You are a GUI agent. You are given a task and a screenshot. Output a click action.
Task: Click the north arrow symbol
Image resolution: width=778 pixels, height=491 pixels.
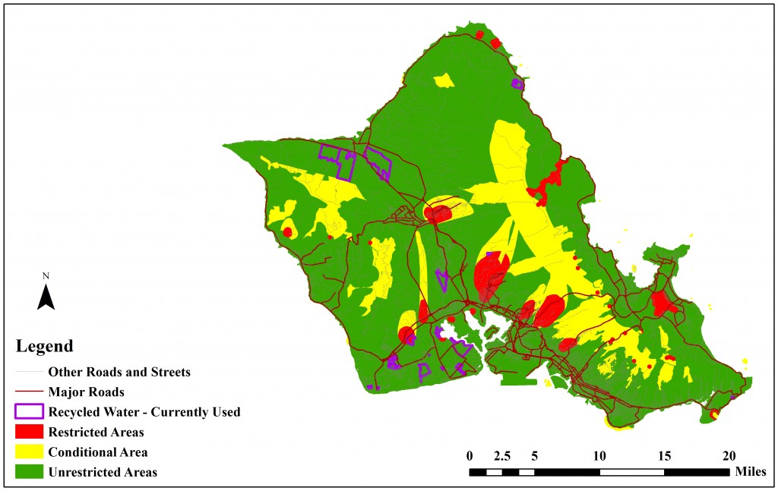(x=46, y=297)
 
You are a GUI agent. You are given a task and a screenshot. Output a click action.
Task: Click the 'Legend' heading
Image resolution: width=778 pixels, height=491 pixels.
(x=45, y=347)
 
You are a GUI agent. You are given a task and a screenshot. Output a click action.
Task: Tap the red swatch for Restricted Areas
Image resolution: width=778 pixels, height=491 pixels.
(x=29, y=433)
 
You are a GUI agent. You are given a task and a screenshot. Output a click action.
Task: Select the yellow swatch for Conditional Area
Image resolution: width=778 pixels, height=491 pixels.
(x=29, y=452)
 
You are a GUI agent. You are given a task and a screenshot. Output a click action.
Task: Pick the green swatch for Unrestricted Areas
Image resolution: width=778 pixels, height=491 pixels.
(x=29, y=472)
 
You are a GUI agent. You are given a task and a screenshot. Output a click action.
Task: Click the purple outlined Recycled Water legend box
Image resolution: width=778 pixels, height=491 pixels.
(x=29, y=412)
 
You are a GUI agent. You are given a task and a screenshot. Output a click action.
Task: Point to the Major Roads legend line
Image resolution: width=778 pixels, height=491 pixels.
(x=29, y=392)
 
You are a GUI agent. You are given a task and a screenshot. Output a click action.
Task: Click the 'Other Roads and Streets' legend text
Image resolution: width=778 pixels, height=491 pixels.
(x=119, y=373)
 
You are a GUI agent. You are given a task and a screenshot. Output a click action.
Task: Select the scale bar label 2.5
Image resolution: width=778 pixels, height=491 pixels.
(x=502, y=457)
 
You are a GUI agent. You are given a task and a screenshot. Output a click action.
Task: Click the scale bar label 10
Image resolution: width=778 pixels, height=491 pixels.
(x=599, y=457)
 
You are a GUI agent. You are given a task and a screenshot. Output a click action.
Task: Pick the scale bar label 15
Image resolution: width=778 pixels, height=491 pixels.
(x=664, y=457)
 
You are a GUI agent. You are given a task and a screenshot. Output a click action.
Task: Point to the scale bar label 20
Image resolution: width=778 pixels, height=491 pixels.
(x=729, y=457)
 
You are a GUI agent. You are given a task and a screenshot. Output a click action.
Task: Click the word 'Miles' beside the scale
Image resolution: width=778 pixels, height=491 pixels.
(x=751, y=472)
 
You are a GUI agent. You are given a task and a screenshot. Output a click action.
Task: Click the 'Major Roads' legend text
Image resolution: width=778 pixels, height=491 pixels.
(x=86, y=392)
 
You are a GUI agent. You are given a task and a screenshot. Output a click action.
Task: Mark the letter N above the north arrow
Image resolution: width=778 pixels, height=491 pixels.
(x=46, y=275)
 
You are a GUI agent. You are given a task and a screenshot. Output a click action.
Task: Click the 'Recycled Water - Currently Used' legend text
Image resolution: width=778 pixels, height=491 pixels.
(x=144, y=412)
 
